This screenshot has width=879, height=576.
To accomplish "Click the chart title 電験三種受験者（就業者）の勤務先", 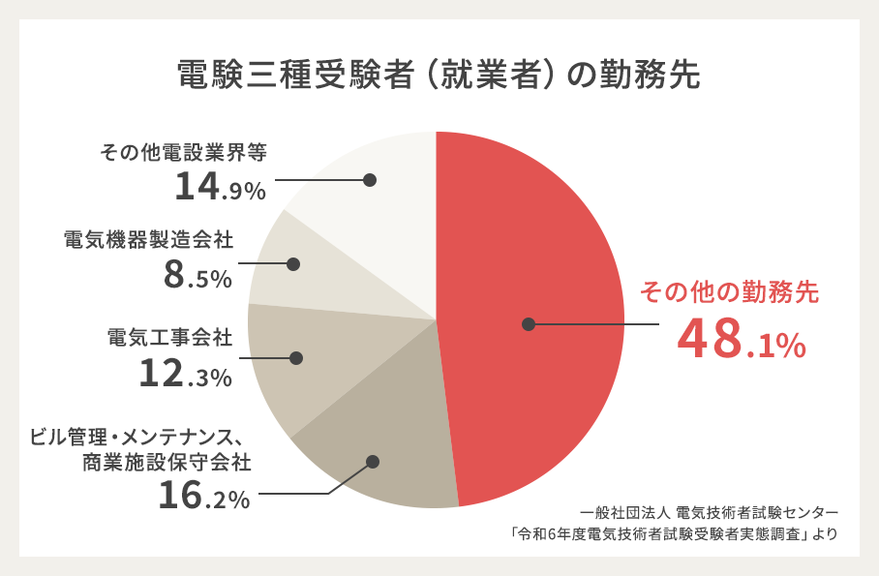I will tap(439, 76).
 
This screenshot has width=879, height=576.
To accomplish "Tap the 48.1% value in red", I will tap(742, 340).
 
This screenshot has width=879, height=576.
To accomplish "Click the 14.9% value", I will tap(220, 187).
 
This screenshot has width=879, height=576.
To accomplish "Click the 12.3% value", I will tap(185, 374).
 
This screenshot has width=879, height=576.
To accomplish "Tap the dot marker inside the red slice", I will tap(528, 324).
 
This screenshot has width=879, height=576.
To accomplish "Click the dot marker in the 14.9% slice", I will tap(370, 179).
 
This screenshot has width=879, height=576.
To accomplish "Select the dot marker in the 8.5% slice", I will tap(293, 263).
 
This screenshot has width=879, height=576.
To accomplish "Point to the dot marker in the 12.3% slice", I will tap(296, 358).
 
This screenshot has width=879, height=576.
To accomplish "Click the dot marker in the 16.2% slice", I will tap(373, 463).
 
